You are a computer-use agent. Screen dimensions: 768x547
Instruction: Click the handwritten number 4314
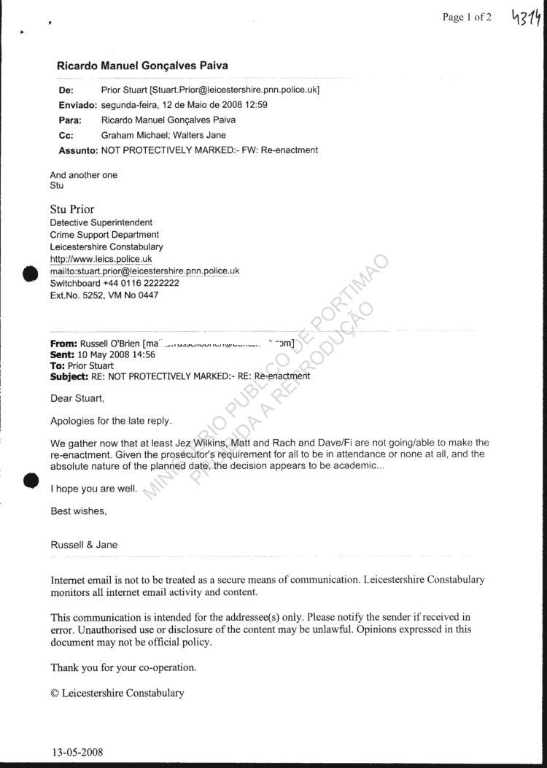(x=520, y=17)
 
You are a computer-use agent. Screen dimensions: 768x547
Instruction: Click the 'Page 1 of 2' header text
(x=467, y=18)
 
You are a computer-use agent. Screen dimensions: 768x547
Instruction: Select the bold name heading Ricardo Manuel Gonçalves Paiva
(x=142, y=66)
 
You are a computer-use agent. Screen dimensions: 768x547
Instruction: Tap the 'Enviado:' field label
(x=77, y=105)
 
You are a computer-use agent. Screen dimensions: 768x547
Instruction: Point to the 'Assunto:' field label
(x=78, y=150)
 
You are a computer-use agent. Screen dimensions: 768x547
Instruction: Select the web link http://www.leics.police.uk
(x=101, y=259)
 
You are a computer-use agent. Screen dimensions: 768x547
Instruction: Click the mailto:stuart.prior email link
(x=144, y=271)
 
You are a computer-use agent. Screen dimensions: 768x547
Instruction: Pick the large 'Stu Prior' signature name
(x=72, y=209)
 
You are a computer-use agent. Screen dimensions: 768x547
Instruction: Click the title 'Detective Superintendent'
(x=101, y=222)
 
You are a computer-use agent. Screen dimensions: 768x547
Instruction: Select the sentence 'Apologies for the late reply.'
(x=112, y=421)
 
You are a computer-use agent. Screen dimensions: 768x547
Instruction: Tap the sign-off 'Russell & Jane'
(x=84, y=545)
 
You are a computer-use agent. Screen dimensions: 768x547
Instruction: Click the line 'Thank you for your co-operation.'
(x=123, y=667)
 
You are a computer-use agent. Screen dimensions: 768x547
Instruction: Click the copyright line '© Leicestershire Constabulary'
(x=117, y=693)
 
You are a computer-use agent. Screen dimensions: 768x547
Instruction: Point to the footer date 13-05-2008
(x=78, y=750)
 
